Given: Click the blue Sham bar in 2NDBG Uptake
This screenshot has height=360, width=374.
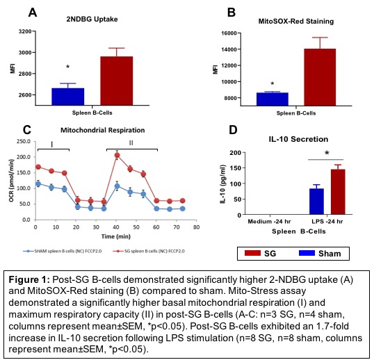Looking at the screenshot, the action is click(x=68, y=97).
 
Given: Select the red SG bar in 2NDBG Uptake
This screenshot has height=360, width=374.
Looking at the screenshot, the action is click(x=116, y=81).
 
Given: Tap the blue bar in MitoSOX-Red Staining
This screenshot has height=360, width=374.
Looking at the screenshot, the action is click(x=273, y=99).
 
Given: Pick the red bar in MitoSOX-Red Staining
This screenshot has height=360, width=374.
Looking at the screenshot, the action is click(x=320, y=77).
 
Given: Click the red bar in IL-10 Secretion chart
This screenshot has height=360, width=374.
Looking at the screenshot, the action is click(x=338, y=192).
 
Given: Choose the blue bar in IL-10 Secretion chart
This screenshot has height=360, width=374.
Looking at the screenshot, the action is click(x=316, y=202).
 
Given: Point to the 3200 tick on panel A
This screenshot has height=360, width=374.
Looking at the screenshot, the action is click(x=25, y=31).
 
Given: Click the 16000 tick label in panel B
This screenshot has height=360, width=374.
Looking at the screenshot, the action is click(x=229, y=33).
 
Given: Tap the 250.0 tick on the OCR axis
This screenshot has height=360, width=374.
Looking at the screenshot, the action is click(x=24, y=142).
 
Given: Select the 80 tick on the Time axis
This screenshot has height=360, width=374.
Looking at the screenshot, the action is click(x=196, y=227).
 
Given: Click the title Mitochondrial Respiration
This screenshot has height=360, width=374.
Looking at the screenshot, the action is click(x=103, y=130).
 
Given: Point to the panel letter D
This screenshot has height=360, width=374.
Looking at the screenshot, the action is click(x=233, y=130).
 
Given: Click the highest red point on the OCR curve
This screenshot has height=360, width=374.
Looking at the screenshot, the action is click(x=117, y=155).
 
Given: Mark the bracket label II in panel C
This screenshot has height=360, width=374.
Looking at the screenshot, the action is click(x=131, y=142).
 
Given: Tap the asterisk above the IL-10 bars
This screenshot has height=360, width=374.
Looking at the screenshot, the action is click(x=327, y=153).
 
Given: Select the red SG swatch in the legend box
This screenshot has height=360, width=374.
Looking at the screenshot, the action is click(x=252, y=253).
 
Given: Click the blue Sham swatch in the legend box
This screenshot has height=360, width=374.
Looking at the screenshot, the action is click(x=307, y=253).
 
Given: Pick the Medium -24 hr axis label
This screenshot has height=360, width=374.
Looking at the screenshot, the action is click(x=269, y=222).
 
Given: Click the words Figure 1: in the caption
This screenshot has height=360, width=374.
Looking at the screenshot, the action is click(x=29, y=279).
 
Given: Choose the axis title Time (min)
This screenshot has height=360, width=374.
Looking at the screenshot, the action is click(x=116, y=236).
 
